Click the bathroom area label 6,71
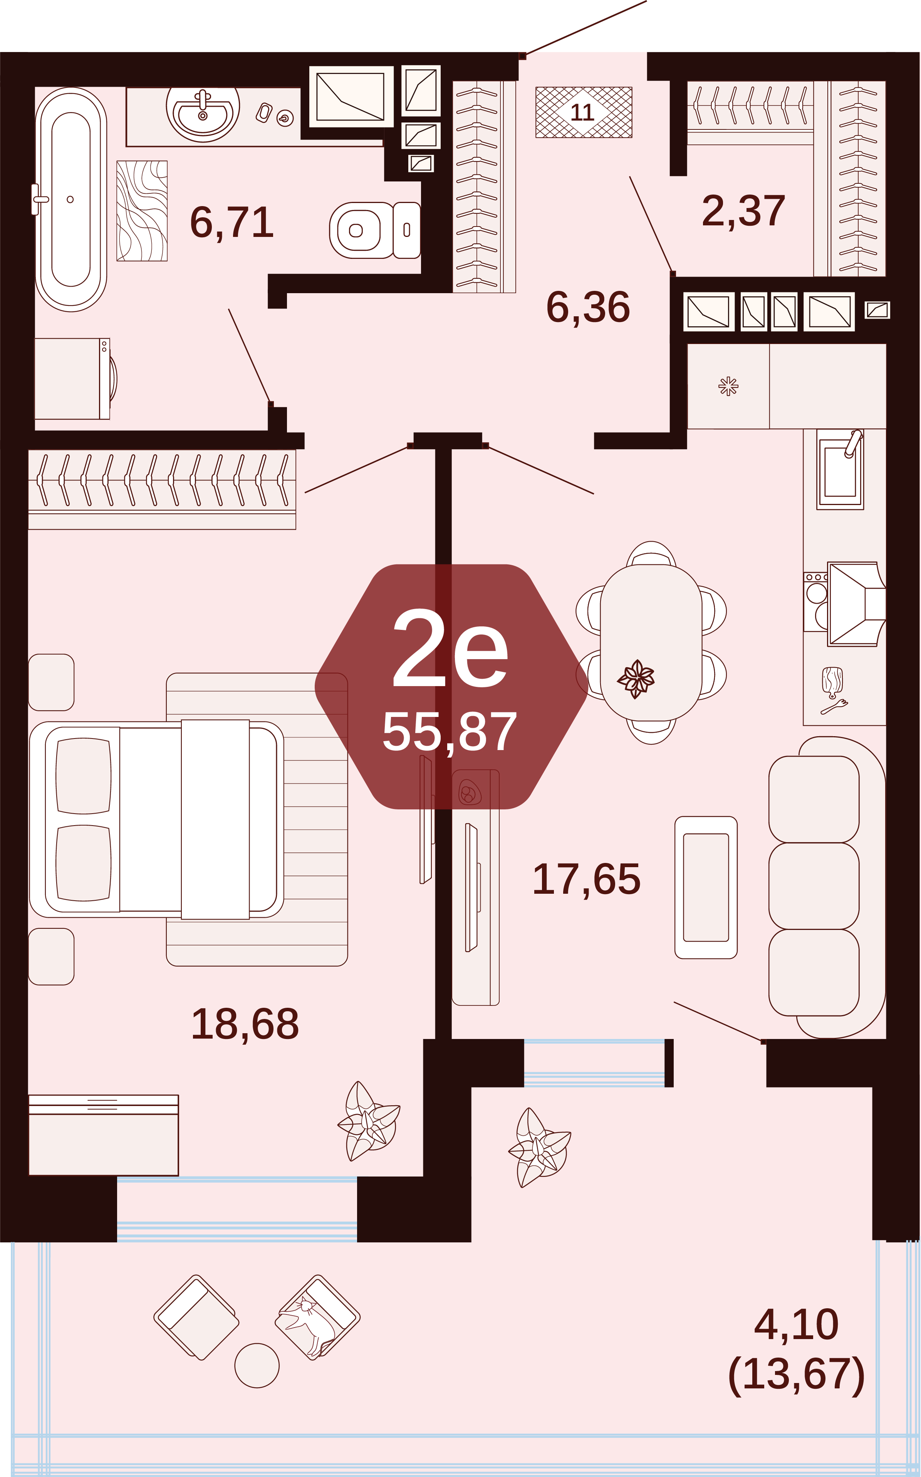[x=232, y=223]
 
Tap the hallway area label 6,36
[x=588, y=307]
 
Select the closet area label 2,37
[x=744, y=211]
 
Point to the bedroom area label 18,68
[x=245, y=1024]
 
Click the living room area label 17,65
[x=587, y=879]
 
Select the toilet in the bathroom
[x=375, y=230]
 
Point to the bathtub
[x=70, y=199]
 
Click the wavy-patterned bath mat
[x=142, y=211]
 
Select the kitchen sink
[x=840, y=469]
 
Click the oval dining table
[x=651, y=643]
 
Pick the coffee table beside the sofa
[x=706, y=888]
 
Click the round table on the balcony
[x=257, y=1366]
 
